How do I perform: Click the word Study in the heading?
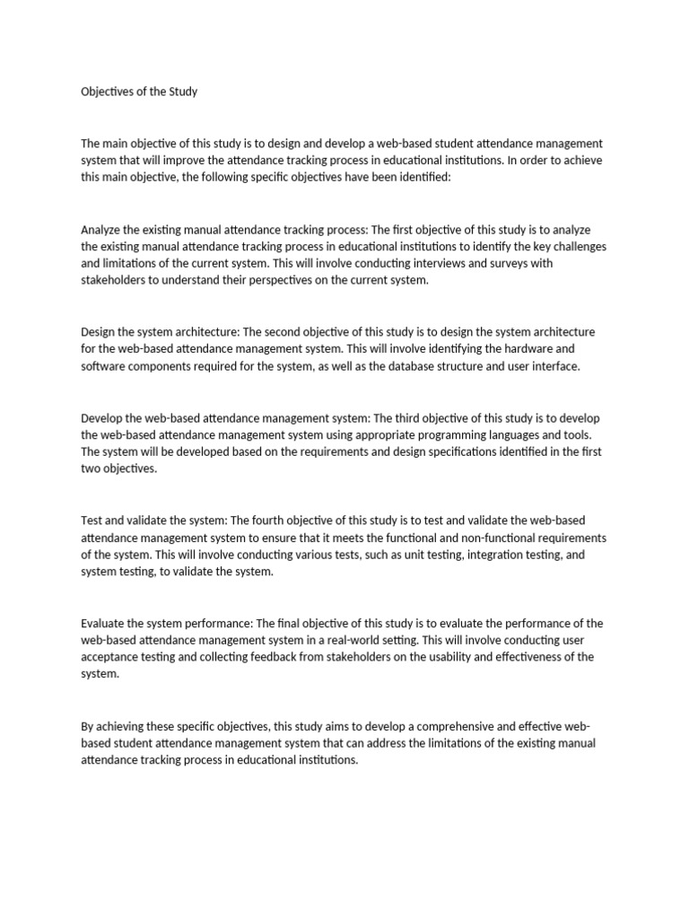pyautogui.click(x=179, y=92)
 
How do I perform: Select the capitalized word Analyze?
pyautogui.click(x=102, y=230)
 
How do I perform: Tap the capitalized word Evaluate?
pyautogui.click(x=103, y=624)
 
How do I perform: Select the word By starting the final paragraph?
pyautogui.click(x=88, y=726)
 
